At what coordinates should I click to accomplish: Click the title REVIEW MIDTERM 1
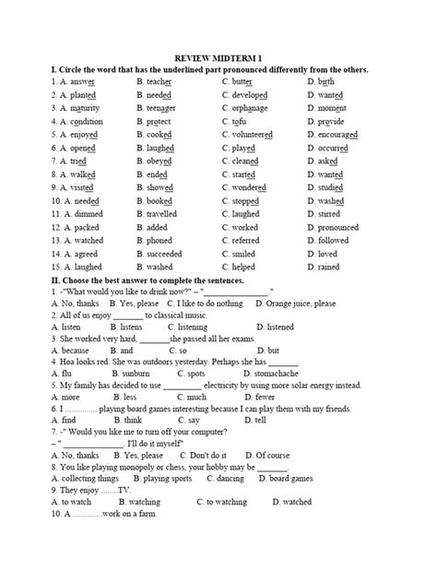(x=218, y=56)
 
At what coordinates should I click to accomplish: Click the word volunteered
(x=252, y=135)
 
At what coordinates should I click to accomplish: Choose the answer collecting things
(x=88, y=479)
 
